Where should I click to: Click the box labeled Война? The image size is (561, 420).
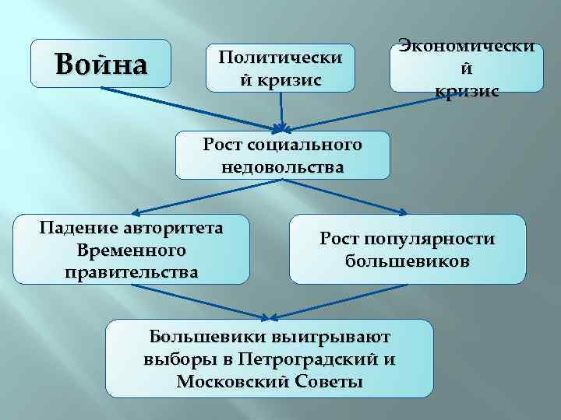click(100, 63)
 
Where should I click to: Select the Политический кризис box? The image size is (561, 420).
click(280, 68)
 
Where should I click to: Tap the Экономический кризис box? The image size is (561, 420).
click(467, 68)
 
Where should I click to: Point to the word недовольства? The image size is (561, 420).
click(281, 166)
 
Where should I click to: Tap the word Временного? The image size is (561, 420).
click(131, 250)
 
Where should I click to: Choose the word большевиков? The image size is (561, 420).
click(408, 261)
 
